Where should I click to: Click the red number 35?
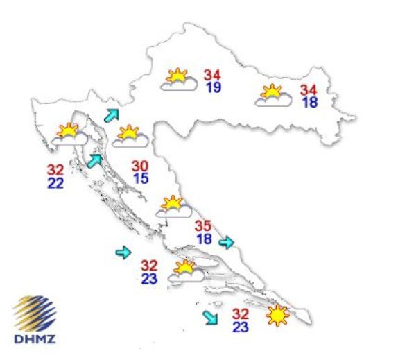pyautogui.click(x=203, y=226)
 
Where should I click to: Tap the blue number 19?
pyautogui.click(x=213, y=88)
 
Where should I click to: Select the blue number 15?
pyautogui.click(x=140, y=179)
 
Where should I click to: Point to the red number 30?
pyautogui.click(x=140, y=166)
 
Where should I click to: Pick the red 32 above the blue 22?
pyautogui.click(x=56, y=169)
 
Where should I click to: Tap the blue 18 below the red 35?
pyautogui.click(x=203, y=239)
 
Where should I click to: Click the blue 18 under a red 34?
pyautogui.click(x=309, y=103)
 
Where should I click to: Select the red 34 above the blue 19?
pyautogui.click(x=213, y=75)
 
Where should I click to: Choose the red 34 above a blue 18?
pyautogui.click(x=309, y=89)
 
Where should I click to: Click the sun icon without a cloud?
pyautogui.click(x=277, y=316)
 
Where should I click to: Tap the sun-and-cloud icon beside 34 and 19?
pyautogui.click(x=177, y=80)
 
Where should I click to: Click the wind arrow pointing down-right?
pyautogui.click(x=209, y=318)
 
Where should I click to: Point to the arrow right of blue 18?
pyautogui.click(x=227, y=242)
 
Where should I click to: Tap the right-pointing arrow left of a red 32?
pyautogui.click(x=123, y=253)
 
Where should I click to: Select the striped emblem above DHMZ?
pyautogui.click(x=35, y=314)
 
